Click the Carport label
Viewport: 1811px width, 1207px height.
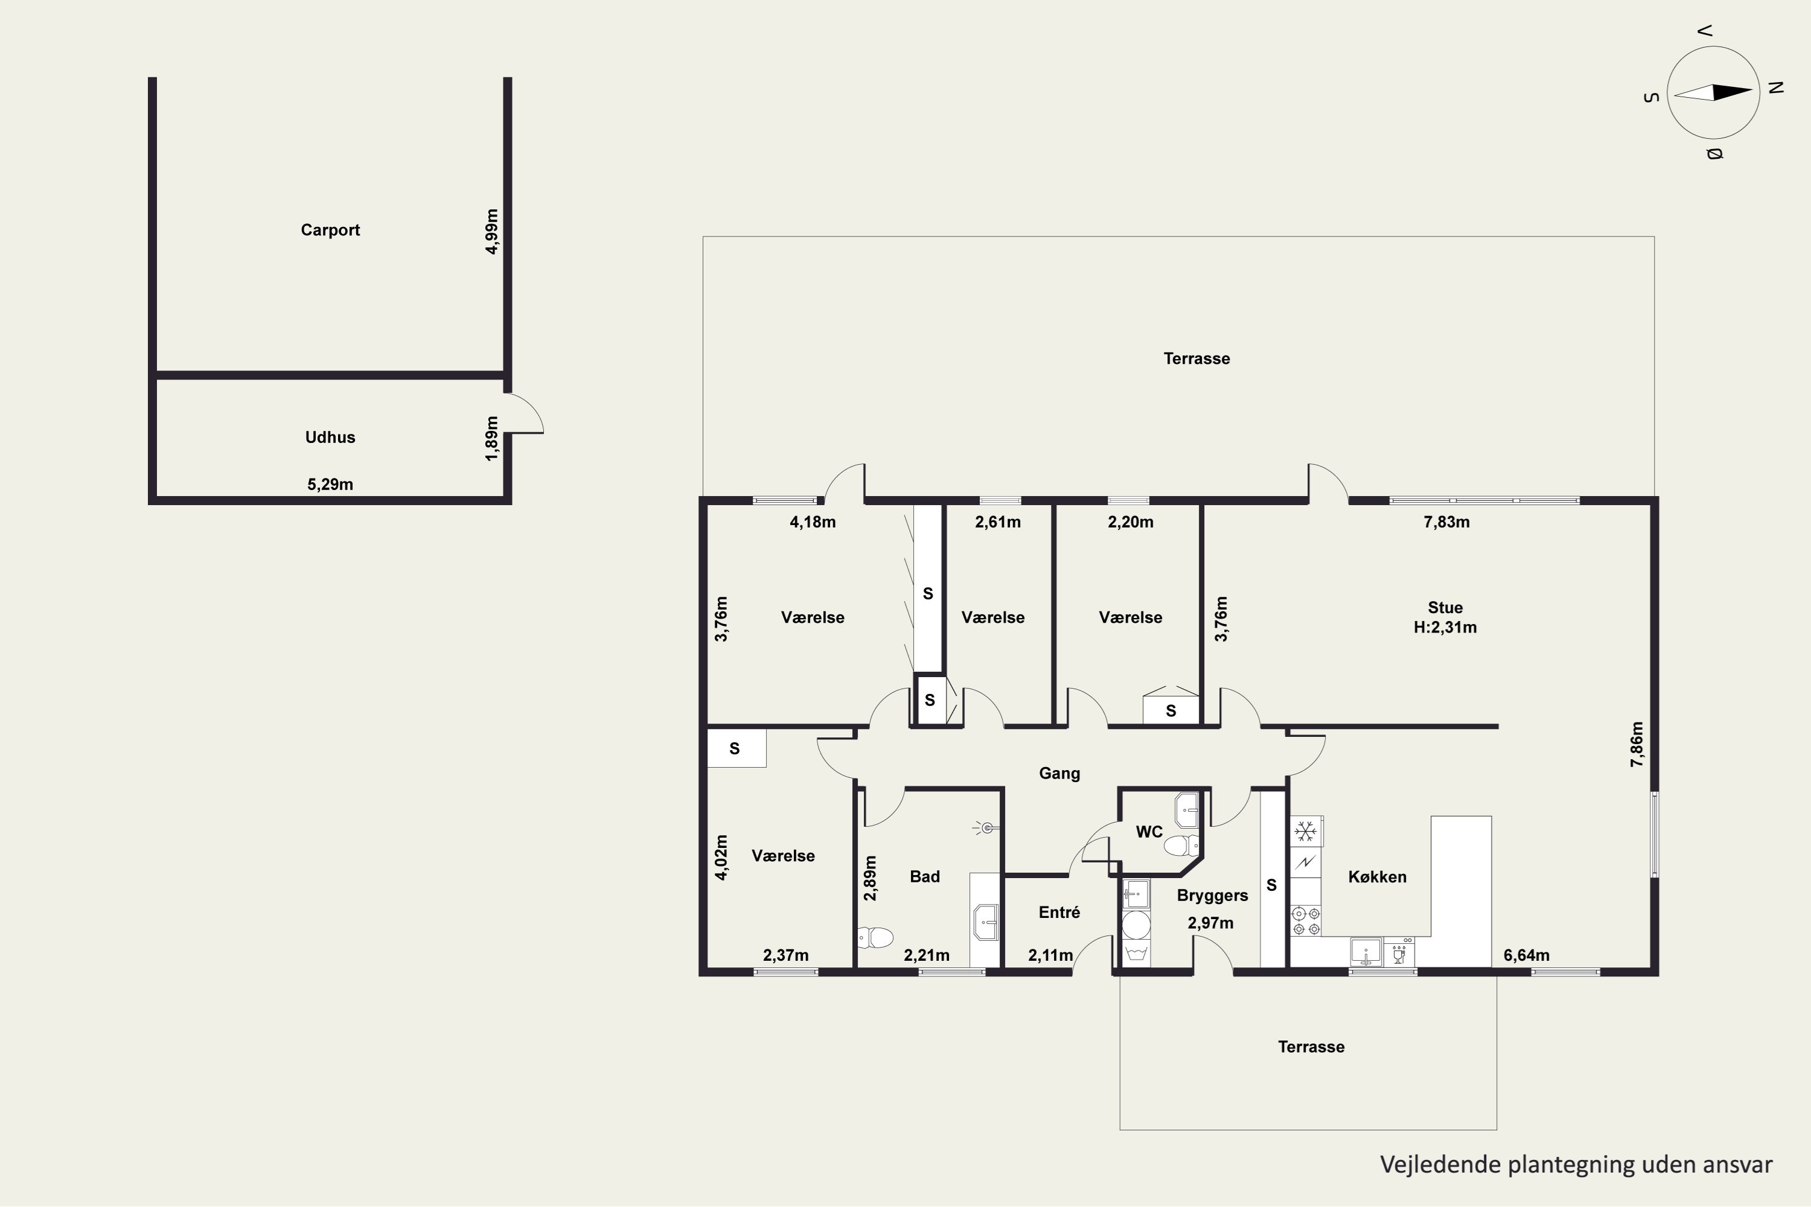tap(330, 230)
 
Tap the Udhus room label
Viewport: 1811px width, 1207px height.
tap(330, 437)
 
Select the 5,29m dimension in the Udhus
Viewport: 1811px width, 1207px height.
tap(330, 484)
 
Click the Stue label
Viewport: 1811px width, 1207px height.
tap(1445, 607)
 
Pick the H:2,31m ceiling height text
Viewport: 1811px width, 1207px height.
tap(1445, 628)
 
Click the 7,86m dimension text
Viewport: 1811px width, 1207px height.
tap(1637, 744)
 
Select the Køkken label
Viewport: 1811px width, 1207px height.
tap(1378, 877)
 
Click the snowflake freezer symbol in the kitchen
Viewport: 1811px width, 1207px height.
tap(1305, 832)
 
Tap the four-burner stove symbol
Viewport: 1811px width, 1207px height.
tap(1306, 921)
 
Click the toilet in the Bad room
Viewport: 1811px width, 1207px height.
tap(875, 937)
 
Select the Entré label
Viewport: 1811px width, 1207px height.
tap(1059, 912)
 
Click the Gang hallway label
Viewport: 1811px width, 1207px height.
tap(1059, 774)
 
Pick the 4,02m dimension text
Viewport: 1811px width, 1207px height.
tap(721, 858)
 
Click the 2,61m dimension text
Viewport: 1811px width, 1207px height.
tap(998, 522)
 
